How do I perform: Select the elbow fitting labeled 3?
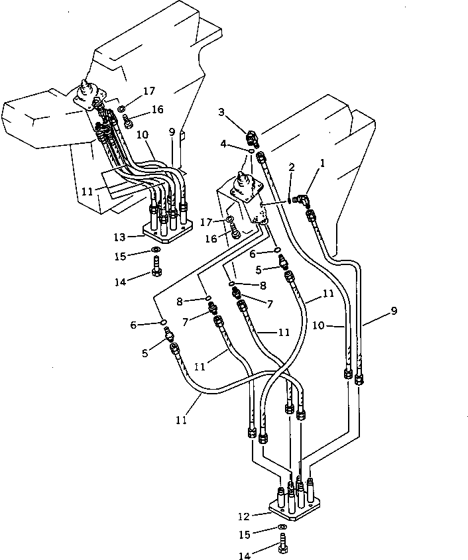point(252,139)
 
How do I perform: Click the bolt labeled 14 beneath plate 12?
point(283,547)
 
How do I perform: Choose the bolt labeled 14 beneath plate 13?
point(156,270)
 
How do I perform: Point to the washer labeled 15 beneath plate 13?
point(155,250)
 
